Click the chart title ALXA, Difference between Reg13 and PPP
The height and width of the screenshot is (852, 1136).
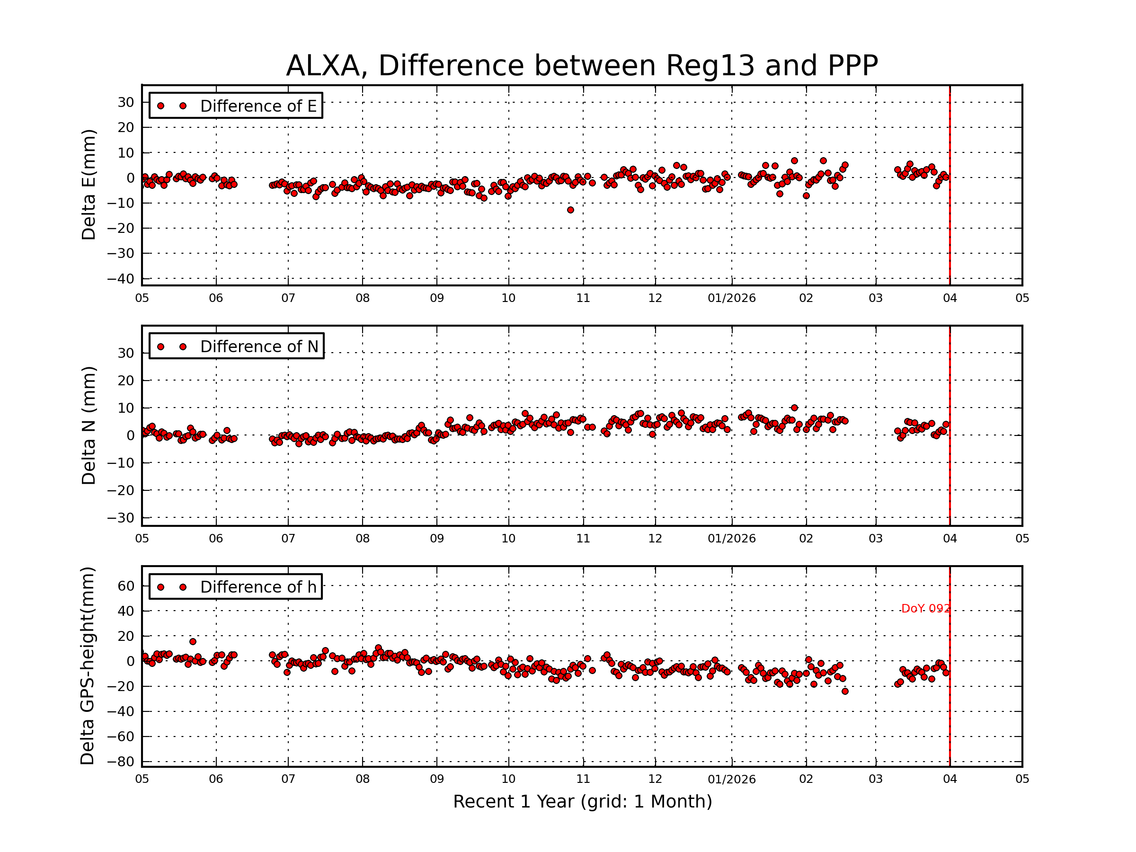581,66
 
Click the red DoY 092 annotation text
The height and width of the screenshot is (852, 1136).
925,609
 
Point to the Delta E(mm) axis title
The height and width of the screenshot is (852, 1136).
89,185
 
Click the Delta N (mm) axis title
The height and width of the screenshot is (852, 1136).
89,425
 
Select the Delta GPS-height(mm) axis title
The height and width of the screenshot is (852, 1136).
87,666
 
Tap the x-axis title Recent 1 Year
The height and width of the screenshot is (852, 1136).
582,801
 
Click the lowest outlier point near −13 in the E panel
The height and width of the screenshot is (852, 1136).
570,210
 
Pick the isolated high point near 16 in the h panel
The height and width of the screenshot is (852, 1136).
193,641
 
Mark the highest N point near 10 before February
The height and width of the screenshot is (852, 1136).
794,408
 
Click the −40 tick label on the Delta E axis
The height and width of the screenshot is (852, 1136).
120,279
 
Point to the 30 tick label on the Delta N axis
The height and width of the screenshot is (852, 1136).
126,353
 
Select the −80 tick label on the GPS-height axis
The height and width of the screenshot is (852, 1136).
120,762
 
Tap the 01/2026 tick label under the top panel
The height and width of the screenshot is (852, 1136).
731,298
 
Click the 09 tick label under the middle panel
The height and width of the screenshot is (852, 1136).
436,539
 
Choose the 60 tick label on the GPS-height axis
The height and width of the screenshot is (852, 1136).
126,586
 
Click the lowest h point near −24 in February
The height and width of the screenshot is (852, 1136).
845,691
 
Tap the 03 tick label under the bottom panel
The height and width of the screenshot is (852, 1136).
875,779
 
